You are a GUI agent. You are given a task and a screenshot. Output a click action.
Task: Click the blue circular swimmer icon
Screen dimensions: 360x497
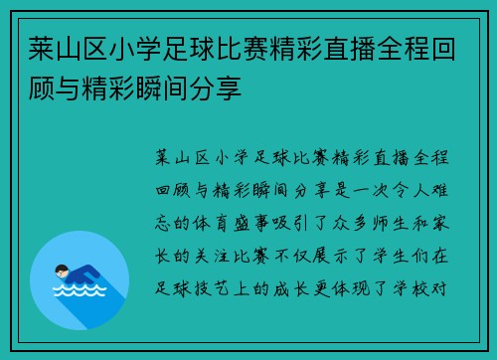(80, 280)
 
